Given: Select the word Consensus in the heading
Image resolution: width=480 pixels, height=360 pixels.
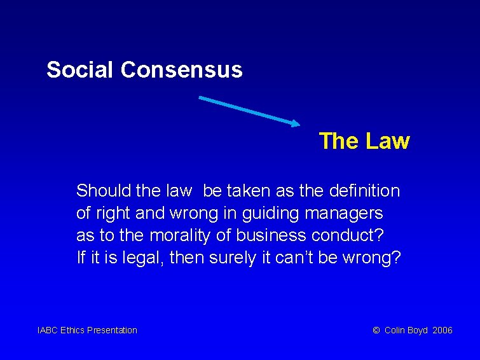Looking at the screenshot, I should [x=181, y=69].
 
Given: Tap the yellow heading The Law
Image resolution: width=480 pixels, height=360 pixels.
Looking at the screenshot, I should [x=364, y=141].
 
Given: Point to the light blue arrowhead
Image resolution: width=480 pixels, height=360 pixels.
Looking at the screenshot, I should [x=294, y=123].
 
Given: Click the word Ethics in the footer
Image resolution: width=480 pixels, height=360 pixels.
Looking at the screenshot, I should [x=72, y=330].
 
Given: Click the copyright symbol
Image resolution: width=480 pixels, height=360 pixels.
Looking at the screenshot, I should [x=376, y=330].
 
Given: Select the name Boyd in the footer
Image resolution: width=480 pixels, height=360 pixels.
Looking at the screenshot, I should [x=417, y=330].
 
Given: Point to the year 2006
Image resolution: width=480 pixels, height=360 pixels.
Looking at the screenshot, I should [x=442, y=330].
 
